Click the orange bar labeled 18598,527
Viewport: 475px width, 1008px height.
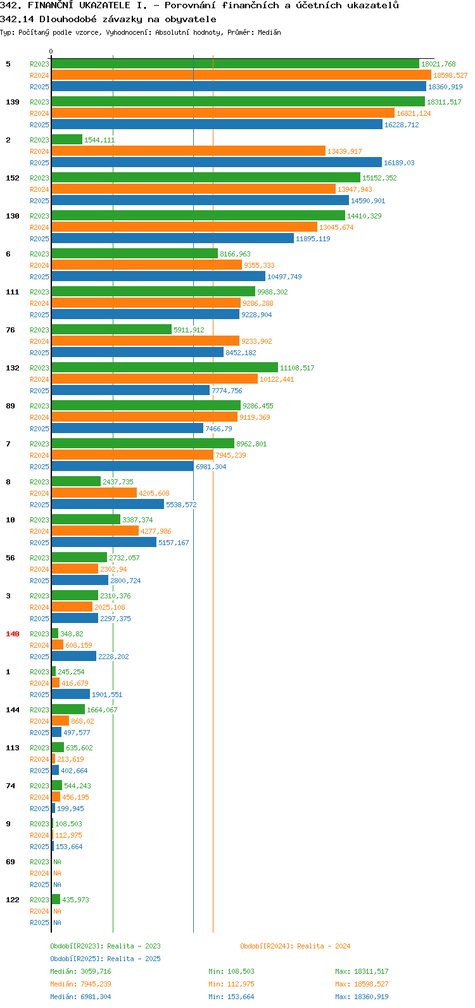(x=241, y=75)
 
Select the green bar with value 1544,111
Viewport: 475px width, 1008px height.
(x=67, y=139)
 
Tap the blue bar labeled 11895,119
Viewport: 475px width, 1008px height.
(x=173, y=239)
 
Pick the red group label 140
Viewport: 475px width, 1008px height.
(x=13, y=634)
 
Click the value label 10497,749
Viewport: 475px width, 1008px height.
(x=284, y=277)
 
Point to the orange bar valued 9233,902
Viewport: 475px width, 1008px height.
(x=146, y=341)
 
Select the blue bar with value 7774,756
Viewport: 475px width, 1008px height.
(x=130, y=391)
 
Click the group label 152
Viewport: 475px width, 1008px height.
(x=13, y=178)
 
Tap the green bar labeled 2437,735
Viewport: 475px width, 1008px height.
(x=76, y=481)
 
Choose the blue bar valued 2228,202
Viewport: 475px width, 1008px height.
(x=74, y=657)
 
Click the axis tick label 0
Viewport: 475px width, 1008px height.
(x=51, y=51)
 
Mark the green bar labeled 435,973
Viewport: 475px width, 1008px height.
(x=56, y=900)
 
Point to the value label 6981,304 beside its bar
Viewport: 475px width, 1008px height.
(x=211, y=467)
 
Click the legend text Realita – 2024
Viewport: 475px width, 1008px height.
(x=324, y=946)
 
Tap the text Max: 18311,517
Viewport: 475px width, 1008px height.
(x=362, y=971)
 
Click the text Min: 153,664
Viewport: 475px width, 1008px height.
(x=231, y=997)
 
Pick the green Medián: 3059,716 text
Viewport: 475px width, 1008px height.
(x=80, y=971)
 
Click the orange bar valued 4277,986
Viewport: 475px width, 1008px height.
(x=95, y=531)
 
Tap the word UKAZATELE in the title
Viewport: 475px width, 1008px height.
(x=105, y=6)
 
